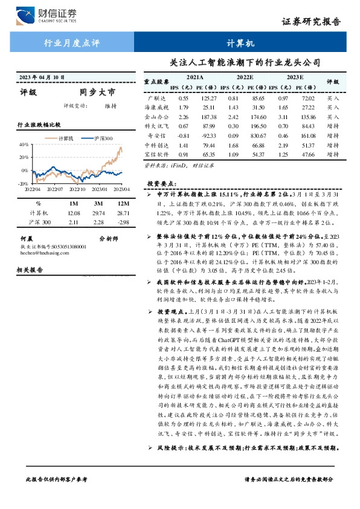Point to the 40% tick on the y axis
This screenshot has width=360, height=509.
pyautogui.click(x=24, y=145)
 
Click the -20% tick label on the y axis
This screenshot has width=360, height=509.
pyautogui.click(x=24, y=183)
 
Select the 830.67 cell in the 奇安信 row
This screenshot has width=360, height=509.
pyautogui.click(x=259, y=136)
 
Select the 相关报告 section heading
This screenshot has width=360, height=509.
pyautogui.click(x=32, y=268)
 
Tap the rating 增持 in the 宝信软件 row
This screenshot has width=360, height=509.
pyautogui.click(x=333, y=155)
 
